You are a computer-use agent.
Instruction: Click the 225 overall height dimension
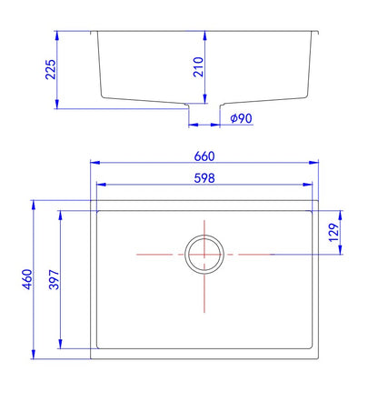pyautogui.click(x=51, y=69)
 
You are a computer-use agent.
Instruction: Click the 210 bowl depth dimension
pyautogui.click(x=198, y=67)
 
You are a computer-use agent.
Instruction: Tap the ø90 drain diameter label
pyautogui.click(x=241, y=118)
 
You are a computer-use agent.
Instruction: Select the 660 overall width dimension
pyautogui.click(x=204, y=156)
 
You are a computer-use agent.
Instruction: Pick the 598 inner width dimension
pyautogui.click(x=204, y=178)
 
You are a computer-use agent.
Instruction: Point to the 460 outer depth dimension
pyautogui.click(x=27, y=279)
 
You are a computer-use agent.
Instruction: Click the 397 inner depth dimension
pyautogui.click(x=55, y=279)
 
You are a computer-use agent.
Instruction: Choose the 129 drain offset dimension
pyautogui.click(x=333, y=233)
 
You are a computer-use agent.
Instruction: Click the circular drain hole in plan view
pyautogui.click(x=204, y=236)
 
